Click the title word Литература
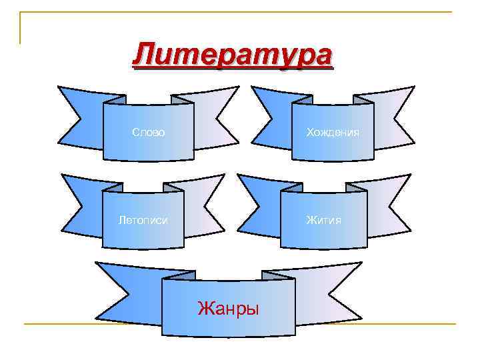(x=231, y=55)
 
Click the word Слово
(x=149, y=132)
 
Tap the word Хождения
(x=332, y=132)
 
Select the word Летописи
(x=143, y=219)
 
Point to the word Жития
(x=323, y=219)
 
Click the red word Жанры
(x=228, y=308)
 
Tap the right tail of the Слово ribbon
(x=217, y=117)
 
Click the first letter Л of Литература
(x=144, y=55)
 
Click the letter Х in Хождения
(x=309, y=132)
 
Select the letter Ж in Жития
(x=311, y=219)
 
